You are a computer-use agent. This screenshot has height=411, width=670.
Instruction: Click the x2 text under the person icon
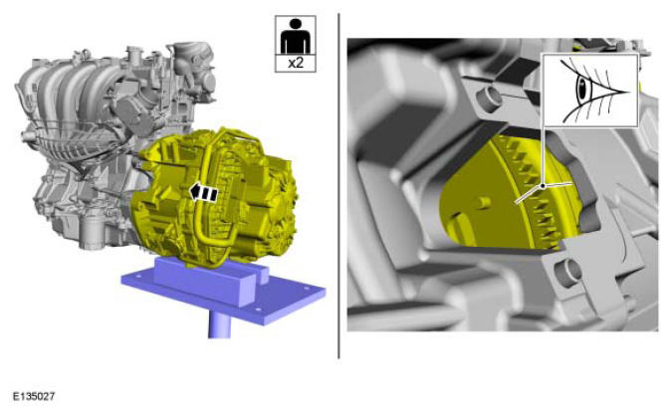(296, 63)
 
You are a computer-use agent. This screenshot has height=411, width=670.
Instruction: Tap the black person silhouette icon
(296, 36)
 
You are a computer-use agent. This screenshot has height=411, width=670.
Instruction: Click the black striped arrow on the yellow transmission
(203, 193)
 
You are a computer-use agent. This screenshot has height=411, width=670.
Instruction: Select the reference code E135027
(34, 396)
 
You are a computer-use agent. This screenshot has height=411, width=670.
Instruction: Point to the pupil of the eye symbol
(581, 88)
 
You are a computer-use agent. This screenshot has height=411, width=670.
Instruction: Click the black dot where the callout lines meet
(543, 186)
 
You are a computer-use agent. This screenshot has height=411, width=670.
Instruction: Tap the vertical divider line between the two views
(338, 186)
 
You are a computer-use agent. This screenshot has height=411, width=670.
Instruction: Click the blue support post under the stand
(219, 323)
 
